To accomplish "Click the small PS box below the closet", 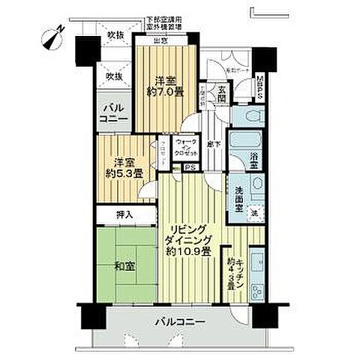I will coord(190,167).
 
